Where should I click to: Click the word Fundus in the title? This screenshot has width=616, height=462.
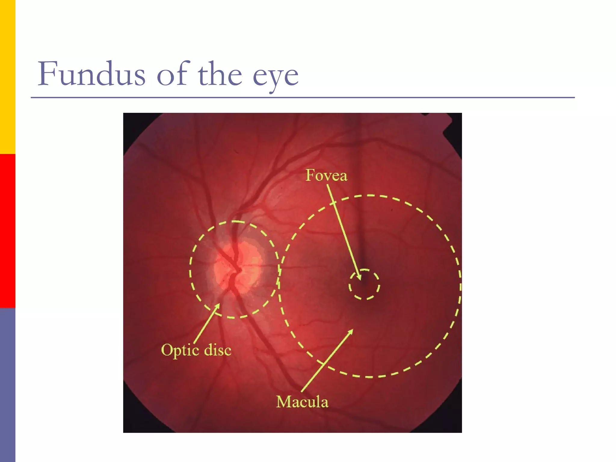click(x=91, y=74)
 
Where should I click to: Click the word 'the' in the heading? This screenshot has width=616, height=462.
click(x=220, y=74)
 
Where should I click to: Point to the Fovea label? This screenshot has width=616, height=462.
click(x=326, y=175)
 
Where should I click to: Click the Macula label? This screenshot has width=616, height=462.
click(x=302, y=402)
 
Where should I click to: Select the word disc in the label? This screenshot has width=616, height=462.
click(x=218, y=350)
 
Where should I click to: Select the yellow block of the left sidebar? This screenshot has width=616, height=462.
click(x=8, y=77)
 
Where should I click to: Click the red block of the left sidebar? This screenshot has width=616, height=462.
click(x=8, y=231)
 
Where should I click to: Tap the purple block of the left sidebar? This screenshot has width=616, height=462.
click(x=8, y=385)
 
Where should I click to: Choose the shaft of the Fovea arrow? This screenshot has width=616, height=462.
click(x=343, y=229)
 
